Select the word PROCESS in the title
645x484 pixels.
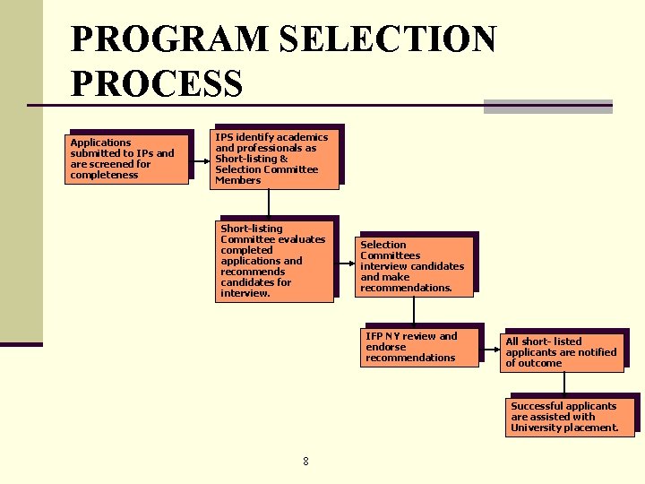pos(156,83)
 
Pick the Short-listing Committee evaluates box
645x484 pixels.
pos(276,260)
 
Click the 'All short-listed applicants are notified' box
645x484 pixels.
pos(562,351)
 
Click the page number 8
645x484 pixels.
pos(305,462)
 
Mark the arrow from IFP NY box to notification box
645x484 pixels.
pos(490,347)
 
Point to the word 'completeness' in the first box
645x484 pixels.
pos(104,175)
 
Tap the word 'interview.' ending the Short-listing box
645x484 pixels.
pos(245,293)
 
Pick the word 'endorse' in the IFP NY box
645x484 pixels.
pos(385,347)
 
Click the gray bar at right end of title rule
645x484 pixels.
pos(547,107)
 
